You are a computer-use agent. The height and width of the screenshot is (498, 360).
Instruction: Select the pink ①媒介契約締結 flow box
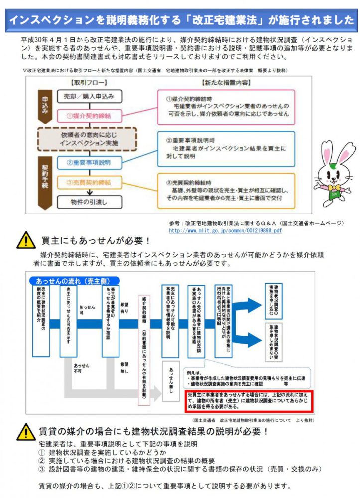pyautogui.click(x=88, y=116)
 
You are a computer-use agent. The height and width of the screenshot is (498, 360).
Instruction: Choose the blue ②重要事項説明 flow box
pyautogui.click(x=88, y=162)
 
